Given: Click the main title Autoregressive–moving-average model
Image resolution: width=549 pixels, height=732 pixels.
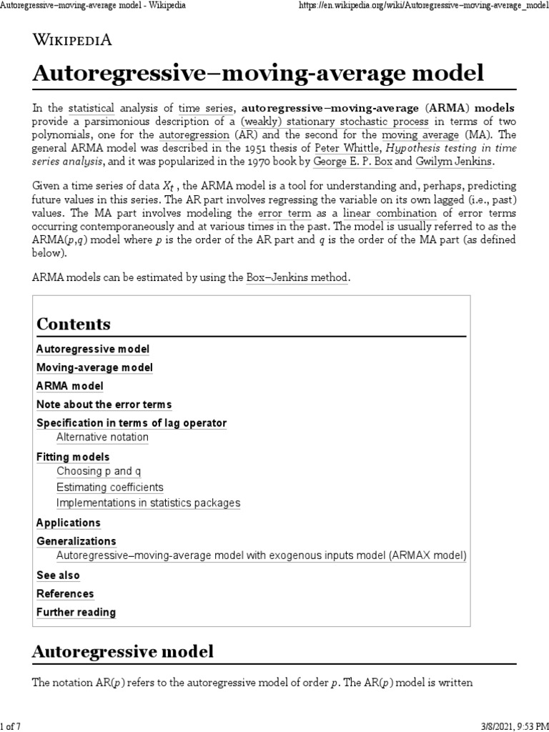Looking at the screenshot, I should pos(259,73).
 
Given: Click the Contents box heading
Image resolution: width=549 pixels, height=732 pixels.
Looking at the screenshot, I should pos(74,324).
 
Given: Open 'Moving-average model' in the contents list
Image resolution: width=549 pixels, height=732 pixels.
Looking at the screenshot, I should pos(94,367).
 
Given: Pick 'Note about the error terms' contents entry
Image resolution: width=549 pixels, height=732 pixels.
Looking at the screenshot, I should pos(104,405).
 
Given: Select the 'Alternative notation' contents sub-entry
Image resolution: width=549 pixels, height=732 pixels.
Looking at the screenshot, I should pos(102,437).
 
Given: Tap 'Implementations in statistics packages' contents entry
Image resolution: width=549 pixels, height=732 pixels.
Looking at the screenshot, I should pos(148,503).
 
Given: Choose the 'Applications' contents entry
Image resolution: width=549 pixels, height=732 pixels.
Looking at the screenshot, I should pos(69,523).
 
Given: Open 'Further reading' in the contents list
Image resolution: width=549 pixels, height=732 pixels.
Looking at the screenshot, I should pos(76,612).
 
